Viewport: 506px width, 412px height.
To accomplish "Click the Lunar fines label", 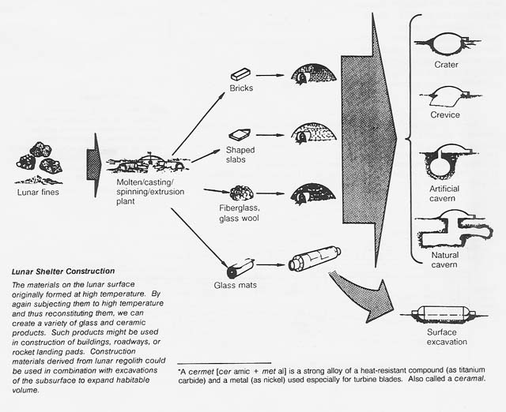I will click(x=40, y=191).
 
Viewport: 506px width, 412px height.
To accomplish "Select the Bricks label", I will click(x=242, y=88).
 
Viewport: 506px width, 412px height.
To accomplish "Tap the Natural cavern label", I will click(x=445, y=260).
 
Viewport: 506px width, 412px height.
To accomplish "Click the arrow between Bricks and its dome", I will click(x=270, y=76).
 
